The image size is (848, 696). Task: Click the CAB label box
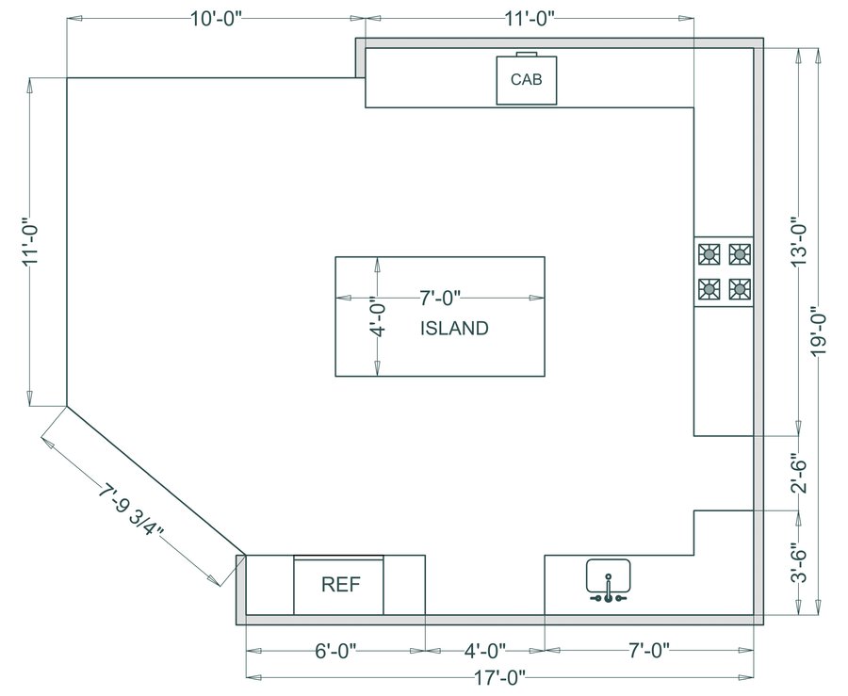tap(527, 79)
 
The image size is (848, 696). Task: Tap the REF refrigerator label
tap(339, 584)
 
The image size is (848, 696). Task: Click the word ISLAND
tap(454, 329)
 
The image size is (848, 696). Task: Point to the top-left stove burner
tap(709, 253)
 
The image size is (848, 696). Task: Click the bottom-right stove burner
tap(740, 287)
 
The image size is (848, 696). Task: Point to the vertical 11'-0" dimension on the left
tap(31, 242)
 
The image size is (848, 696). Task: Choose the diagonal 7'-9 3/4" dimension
tap(132, 510)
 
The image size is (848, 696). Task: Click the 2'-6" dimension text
tap(800, 474)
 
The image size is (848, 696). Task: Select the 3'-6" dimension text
tap(800, 562)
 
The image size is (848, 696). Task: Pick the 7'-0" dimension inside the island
tap(439, 299)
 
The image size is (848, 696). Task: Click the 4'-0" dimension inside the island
tap(376, 318)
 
